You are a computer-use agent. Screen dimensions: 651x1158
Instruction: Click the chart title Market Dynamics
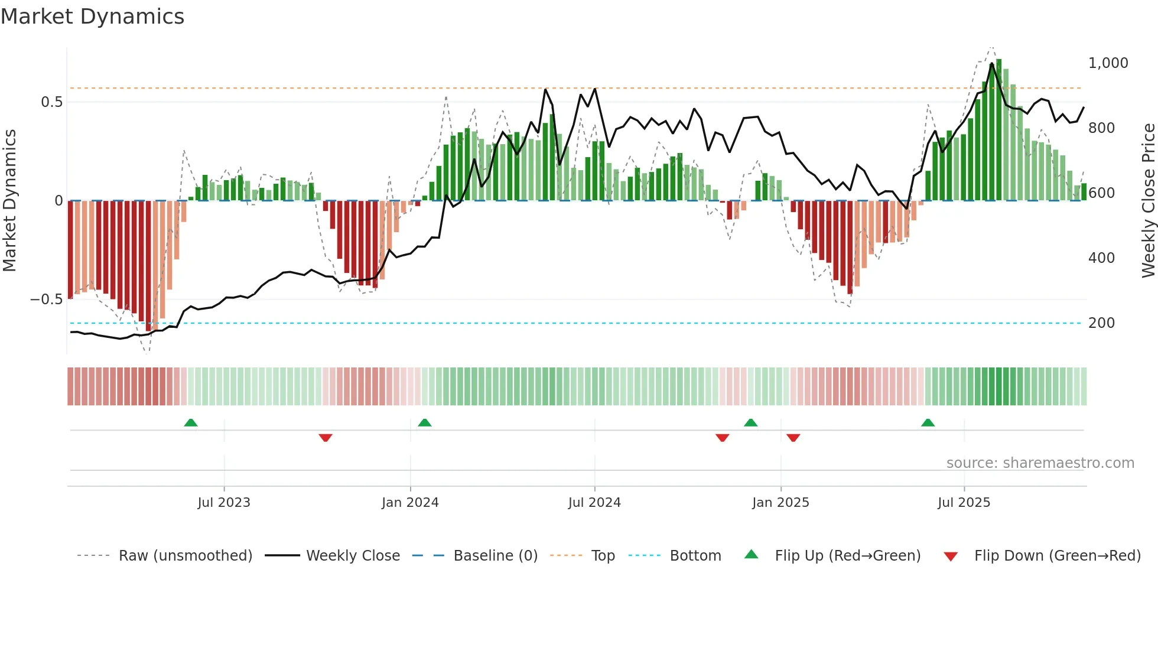click(x=92, y=17)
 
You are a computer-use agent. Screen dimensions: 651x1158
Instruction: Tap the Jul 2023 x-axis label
click(x=224, y=503)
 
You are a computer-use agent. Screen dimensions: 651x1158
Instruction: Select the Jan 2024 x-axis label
click(x=410, y=503)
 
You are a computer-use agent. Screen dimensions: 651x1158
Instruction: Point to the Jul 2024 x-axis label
click(x=594, y=503)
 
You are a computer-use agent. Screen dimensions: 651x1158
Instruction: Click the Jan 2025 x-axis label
click(x=780, y=503)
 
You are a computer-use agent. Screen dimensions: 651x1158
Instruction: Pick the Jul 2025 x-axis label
click(x=964, y=503)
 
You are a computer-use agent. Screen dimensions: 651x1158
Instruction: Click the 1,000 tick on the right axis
click(x=1108, y=63)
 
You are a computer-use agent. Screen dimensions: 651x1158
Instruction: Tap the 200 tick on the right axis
click(x=1101, y=323)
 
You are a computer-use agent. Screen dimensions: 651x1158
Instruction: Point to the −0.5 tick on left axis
click(x=46, y=300)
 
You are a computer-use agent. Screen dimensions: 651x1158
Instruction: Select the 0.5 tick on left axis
click(x=51, y=102)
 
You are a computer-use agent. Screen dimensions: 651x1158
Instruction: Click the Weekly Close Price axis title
click(x=1148, y=200)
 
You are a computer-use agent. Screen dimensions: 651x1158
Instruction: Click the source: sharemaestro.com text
click(x=1040, y=463)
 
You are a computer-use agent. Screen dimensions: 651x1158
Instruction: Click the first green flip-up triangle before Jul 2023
click(x=190, y=423)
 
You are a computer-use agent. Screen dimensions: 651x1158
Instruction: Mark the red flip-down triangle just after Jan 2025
click(x=793, y=437)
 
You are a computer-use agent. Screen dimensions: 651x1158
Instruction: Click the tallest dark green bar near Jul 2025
click(x=998, y=130)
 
